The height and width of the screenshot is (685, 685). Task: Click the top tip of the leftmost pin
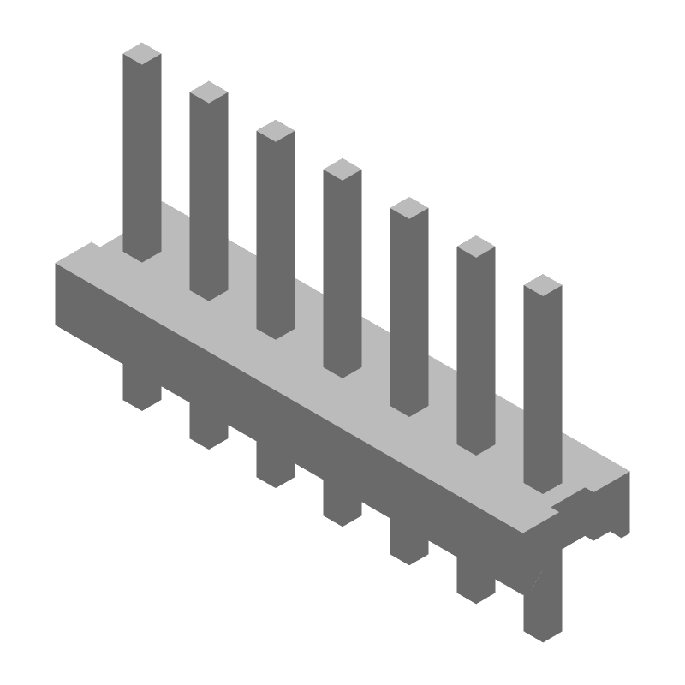(142, 53)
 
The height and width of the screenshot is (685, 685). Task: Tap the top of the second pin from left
(209, 92)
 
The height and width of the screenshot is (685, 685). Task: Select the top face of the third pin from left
(276, 130)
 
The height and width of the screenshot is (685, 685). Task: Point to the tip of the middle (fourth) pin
(342, 169)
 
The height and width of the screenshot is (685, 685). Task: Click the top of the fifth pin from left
(409, 207)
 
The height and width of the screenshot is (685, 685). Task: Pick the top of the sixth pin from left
(476, 247)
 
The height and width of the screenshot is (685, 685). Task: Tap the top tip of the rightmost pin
(543, 285)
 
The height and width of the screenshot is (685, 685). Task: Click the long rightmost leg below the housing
(543, 608)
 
